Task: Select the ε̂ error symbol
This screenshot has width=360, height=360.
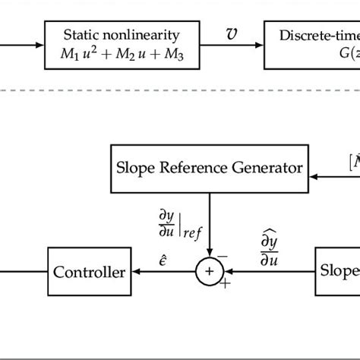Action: (166, 260)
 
